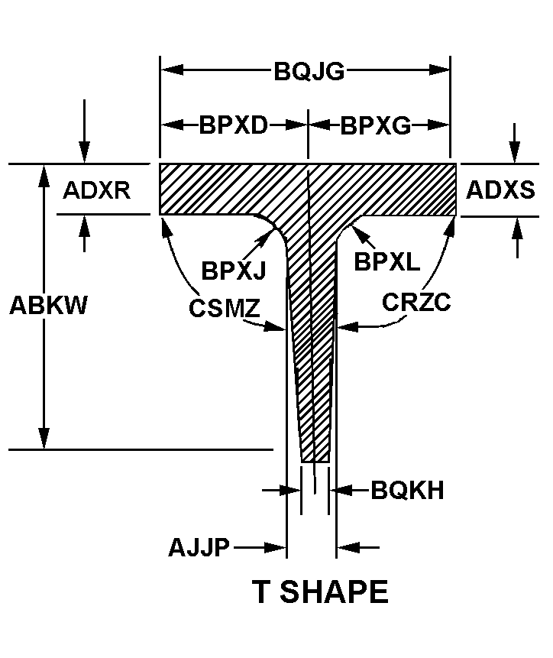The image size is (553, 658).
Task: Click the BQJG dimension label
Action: (309, 71)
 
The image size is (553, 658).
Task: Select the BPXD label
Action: (233, 125)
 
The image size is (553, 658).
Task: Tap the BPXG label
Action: (375, 125)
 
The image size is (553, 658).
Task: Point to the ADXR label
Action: (96, 190)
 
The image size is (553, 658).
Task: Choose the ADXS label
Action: (500, 190)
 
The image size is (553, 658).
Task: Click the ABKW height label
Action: (48, 305)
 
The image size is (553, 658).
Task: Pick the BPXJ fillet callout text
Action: (234, 270)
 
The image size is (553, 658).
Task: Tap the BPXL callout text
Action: (386, 261)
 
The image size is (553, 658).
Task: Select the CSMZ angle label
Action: (225, 308)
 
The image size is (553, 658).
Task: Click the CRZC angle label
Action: (416, 302)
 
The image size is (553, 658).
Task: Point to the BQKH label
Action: (407, 490)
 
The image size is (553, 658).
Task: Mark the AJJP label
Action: (199, 547)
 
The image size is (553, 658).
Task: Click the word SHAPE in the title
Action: (334, 592)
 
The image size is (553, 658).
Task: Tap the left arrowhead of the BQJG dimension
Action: (172, 70)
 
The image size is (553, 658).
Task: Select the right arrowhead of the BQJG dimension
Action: (439, 70)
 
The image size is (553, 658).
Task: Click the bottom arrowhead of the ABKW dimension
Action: (44, 439)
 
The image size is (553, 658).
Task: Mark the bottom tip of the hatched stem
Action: (315, 462)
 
